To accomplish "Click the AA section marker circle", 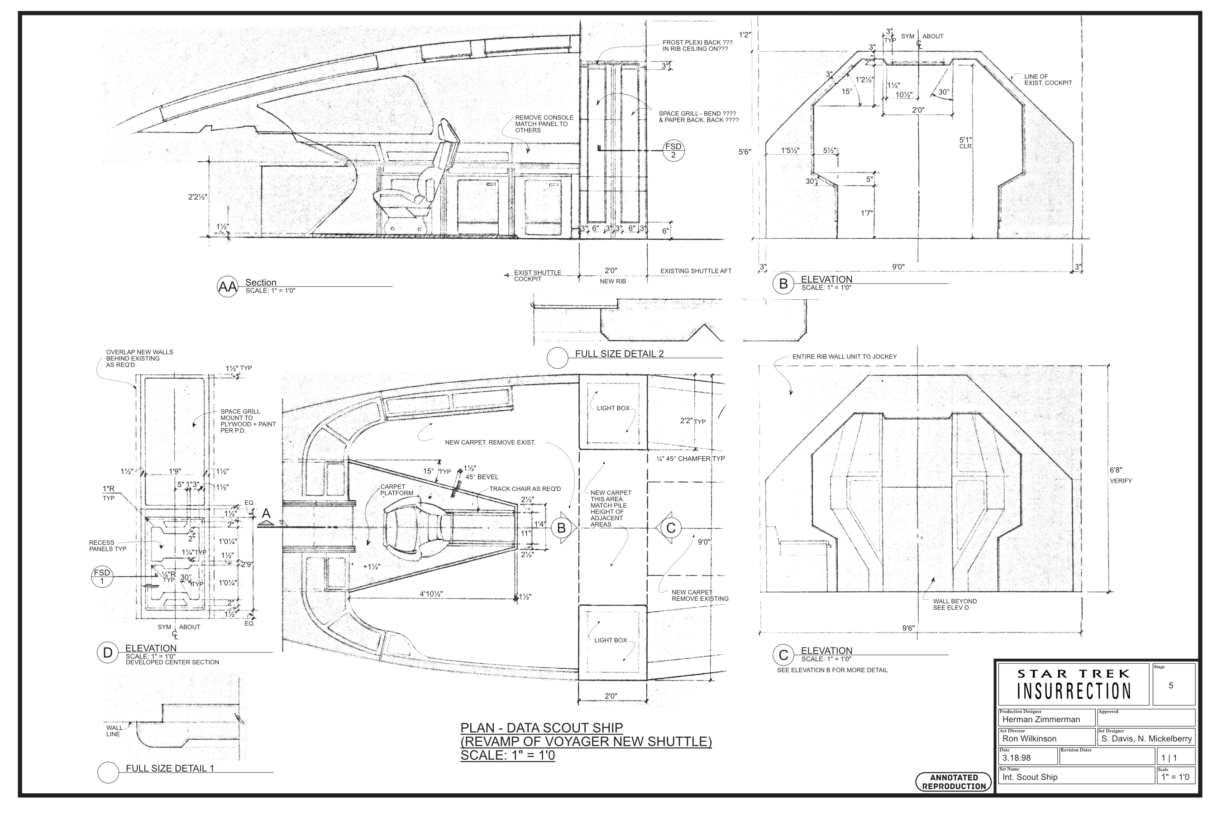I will pyautogui.click(x=227, y=287).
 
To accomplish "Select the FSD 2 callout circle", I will pyautogui.click(x=673, y=151).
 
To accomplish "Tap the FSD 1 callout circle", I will pyautogui.click(x=102, y=577).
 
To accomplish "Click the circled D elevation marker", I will pyautogui.click(x=108, y=653).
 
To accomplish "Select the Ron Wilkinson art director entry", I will pyautogui.click(x=1029, y=738).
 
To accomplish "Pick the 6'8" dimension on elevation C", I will pyautogui.click(x=1116, y=470).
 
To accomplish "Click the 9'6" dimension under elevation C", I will pyautogui.click(x=908, y=628).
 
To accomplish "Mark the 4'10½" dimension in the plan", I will pyautogui.click(x=431, y=594).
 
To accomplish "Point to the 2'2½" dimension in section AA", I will pyautogui.click(x=197, y=197).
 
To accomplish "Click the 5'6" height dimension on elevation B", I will pyautogui.click(x=745, y=152).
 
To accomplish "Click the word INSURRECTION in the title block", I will pyautogui.click(x=1074, y=692).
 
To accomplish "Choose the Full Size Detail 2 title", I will pyautogui.click(x=619, y=354).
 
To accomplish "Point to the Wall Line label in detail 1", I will pyautogui.click(x=114, y=731).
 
